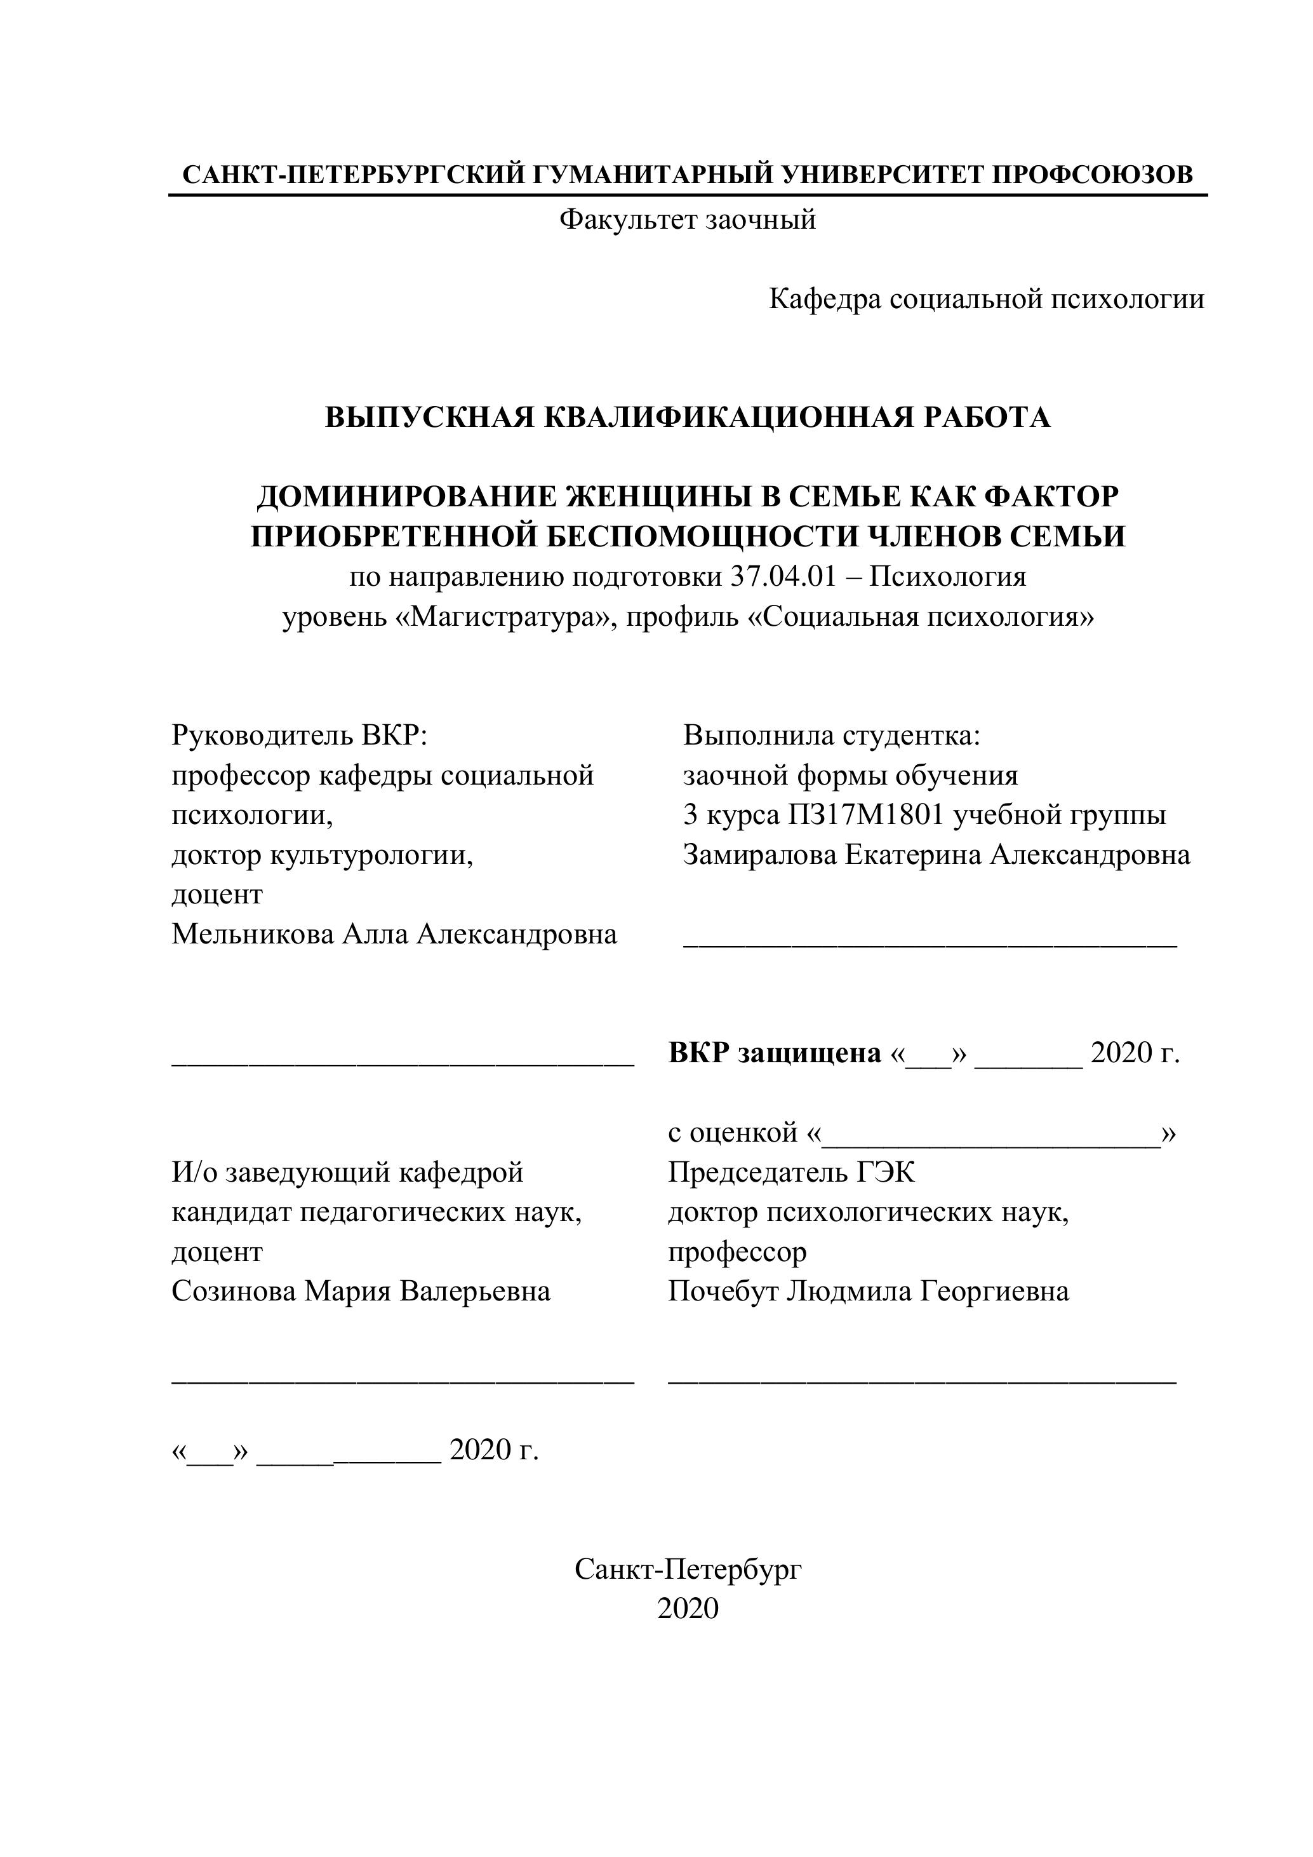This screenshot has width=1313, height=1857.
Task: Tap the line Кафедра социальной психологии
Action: tap(987, 299)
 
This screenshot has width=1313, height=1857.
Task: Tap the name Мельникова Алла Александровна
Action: tap(394, 934)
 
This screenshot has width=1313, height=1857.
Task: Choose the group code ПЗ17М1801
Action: tap(867, 814)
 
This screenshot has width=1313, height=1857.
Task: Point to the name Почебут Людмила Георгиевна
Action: tap(869, 1291)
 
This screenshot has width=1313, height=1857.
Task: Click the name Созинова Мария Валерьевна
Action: tap(361, 1291)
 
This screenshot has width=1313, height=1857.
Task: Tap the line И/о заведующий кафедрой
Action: tap(348, 1172)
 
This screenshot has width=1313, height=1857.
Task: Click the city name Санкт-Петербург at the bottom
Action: tap(688, 1569)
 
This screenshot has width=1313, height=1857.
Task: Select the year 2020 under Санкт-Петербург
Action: tap(688, 1609)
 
